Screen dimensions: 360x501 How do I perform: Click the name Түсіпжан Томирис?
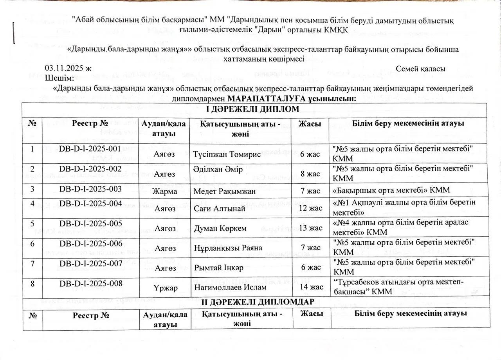[227, 154]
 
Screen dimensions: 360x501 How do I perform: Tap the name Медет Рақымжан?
[225, 191]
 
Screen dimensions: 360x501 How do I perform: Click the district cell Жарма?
[164, 192]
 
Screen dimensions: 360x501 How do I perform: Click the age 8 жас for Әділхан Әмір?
[312, 172]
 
